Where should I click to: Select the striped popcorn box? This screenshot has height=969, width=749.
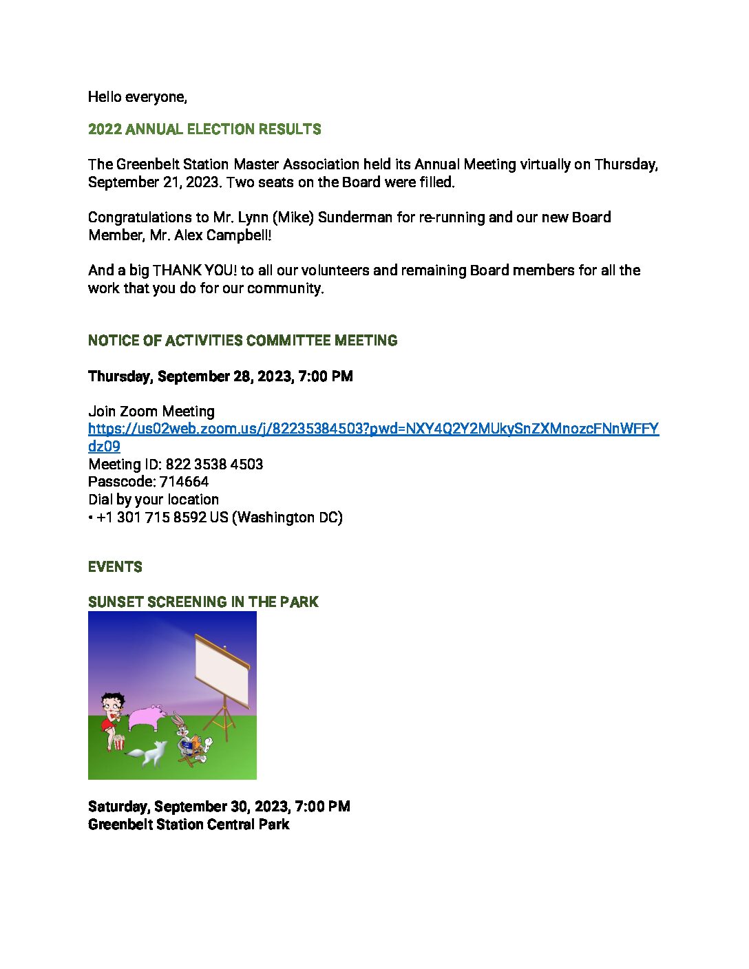click(x=119, y=743)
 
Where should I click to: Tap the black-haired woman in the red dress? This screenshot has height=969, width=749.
click(x=109, y=716)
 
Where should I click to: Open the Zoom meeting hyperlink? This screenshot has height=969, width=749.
click(x=373, y=429)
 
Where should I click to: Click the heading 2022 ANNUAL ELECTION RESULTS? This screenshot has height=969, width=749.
click(x=204, y=129)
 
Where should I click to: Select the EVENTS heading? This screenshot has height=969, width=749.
click(x=115, y=567)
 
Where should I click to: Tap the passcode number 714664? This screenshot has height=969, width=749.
click(x=184, y=482)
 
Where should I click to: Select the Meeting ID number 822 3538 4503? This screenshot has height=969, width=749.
click(x=214, y=465)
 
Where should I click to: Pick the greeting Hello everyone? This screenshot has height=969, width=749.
click(x=137, y=97)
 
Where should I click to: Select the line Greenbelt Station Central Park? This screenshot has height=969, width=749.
click(x=189, y=824)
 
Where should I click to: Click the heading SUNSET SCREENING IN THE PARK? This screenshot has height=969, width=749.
click(x=203, y=602)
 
